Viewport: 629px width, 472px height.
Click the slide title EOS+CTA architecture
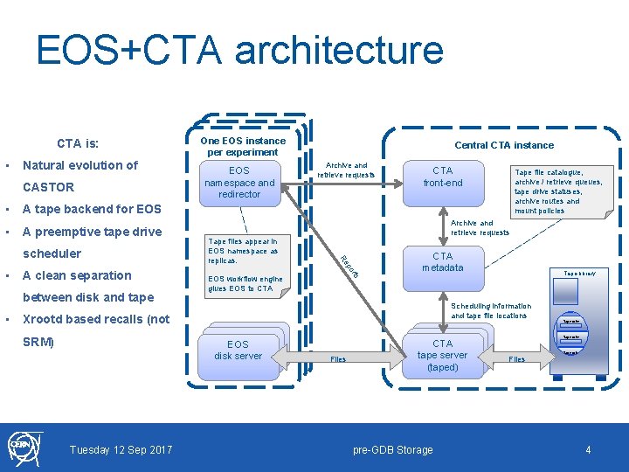239,51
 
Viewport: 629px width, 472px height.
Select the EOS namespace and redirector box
239,182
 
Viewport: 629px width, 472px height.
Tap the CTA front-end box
443,177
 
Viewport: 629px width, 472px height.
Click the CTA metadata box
443,261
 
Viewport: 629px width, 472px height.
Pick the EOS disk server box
238,350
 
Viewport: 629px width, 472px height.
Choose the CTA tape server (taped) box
442,355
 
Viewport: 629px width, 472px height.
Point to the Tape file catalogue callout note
557,191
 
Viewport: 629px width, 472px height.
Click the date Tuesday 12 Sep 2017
121,450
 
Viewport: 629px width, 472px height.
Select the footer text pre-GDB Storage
392,450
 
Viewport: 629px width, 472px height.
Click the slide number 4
589,450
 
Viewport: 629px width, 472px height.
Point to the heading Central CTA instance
504,145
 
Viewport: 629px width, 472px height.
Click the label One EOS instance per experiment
242,146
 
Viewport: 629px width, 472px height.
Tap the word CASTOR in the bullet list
48,187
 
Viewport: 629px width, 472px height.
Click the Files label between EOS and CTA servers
338,359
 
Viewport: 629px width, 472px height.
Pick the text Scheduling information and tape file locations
491,310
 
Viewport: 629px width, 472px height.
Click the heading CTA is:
78,142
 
